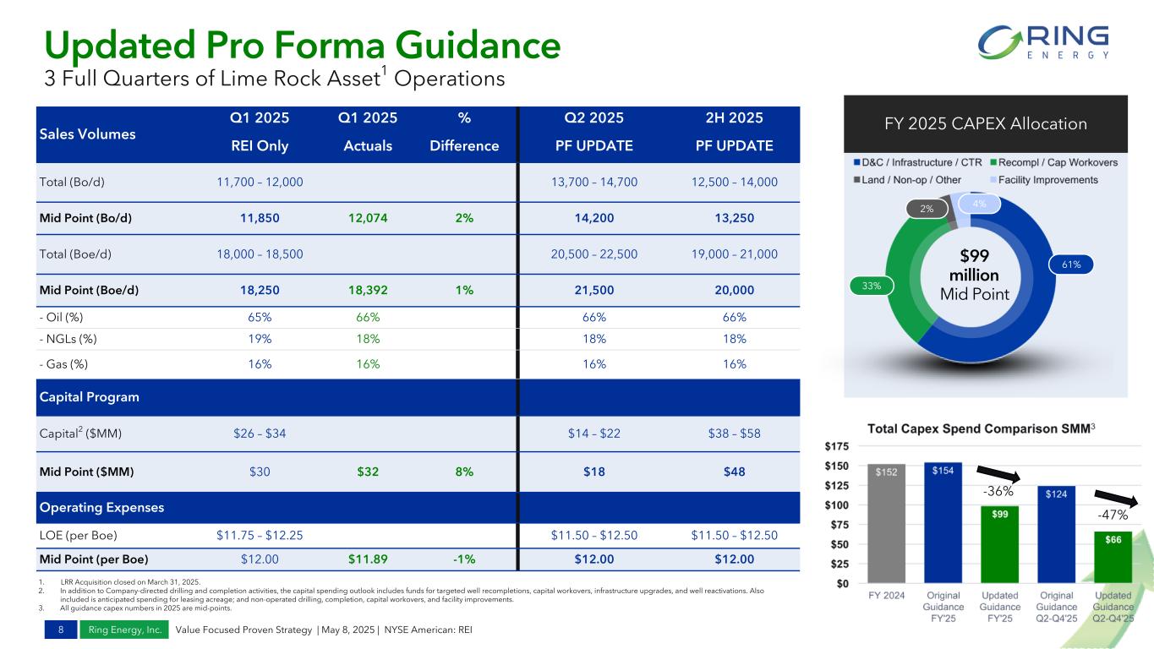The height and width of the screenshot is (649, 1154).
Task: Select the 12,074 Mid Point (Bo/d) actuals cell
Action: (368, 218)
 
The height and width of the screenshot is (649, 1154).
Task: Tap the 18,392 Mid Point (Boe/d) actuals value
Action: (368, 290)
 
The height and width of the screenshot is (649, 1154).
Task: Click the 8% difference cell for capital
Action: (463, 472)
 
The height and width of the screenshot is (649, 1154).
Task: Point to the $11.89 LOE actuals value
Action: (368, 559)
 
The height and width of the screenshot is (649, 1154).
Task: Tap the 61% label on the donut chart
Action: (1069, 265)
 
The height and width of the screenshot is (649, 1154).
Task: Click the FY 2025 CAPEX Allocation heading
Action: (986, 123)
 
